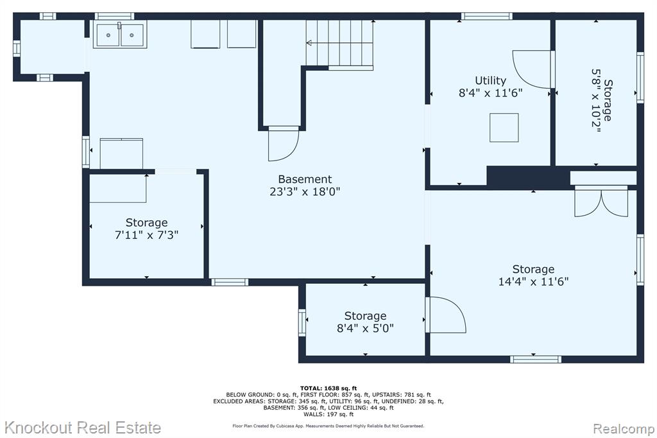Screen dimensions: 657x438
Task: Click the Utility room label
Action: [490, 80]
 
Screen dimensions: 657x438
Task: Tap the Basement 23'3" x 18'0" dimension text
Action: [305, 192]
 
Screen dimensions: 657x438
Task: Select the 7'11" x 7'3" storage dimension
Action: [147, 235]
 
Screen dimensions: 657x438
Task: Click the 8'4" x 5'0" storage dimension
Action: [365, 328]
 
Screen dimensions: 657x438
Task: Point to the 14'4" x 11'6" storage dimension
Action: [533, 281]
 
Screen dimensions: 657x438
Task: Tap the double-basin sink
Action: [120, 35]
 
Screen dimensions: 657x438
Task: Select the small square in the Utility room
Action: [504, 128]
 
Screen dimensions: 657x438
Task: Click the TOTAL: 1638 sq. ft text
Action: [328, 389]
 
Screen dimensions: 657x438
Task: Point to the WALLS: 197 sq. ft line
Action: [328, 414]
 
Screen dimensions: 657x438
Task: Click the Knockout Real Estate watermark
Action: [83, 428]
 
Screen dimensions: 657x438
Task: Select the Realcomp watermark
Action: [624, 429]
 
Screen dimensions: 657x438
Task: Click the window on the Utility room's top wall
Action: [486, 16]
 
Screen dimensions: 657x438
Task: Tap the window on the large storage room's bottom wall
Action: [536, 359]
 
